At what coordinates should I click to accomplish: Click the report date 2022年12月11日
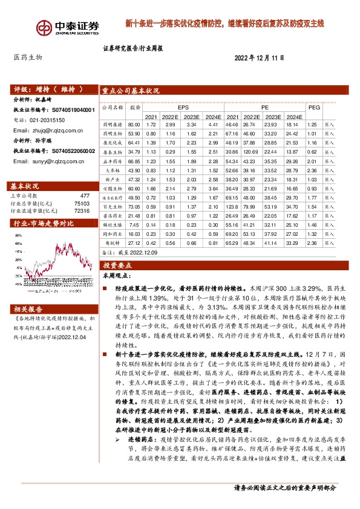click(x=259, y=57)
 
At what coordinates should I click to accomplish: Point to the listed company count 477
click(x=85, y=195)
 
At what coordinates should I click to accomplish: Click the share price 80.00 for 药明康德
click(x=134, y=124)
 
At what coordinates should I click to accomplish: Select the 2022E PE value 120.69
click(x=252, y=151)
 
